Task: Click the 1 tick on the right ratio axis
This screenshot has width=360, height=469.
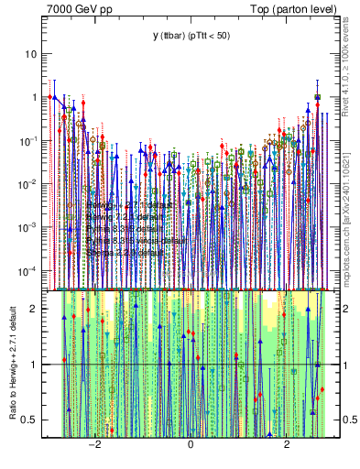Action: (x=336, y=365)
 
